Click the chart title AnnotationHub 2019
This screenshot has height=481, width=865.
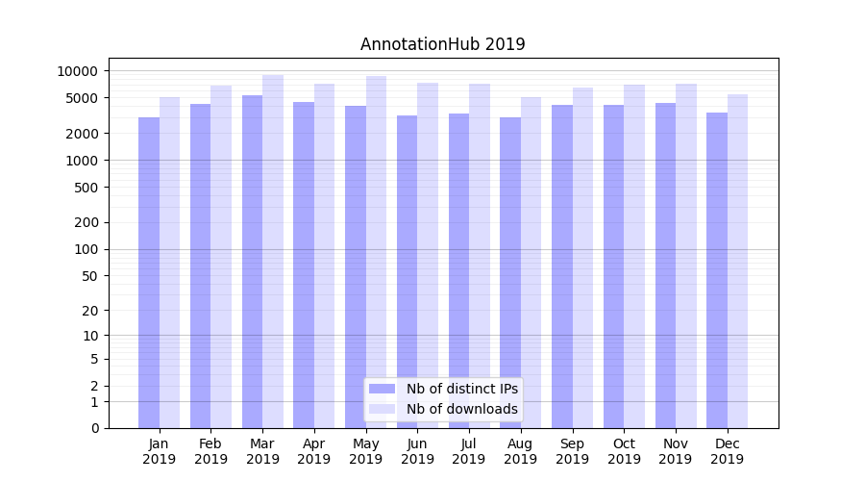click(x=442, y=44)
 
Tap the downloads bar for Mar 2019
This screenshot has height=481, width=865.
click(x=273, y=251)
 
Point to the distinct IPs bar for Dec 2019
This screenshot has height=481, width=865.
click(x=717, y=270)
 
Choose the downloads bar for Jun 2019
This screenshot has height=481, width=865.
click(x=428, y=255)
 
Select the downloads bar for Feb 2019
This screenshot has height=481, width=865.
click(x=221, y=256)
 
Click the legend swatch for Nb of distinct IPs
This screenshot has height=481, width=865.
click(x=382, y=389)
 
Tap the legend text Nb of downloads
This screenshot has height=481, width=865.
click(x=461, y=409)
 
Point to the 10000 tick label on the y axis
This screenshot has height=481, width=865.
click(x=77, y=71)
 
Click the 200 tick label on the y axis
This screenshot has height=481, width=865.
click(x=86, y=222)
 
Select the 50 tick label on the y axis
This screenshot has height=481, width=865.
click(x=89, y=276)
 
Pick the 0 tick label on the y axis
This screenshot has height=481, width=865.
click(x=94, y=428)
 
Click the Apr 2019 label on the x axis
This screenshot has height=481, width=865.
click(x=314, y=451)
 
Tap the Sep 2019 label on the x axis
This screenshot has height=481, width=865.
click(x=572, y=451)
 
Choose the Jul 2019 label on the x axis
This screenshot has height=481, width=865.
click(x=469, y=451)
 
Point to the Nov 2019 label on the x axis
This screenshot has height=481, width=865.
click(x=676, y=451)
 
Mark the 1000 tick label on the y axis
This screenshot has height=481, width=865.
click(x=81, y=161)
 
